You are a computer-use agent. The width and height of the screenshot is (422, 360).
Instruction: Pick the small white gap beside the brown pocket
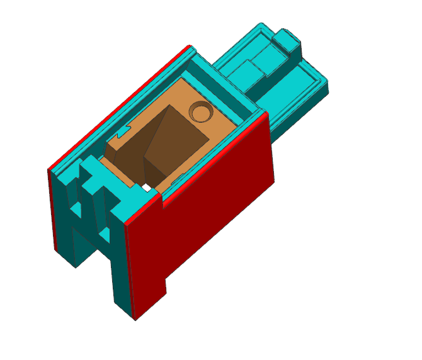coord(146,187)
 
